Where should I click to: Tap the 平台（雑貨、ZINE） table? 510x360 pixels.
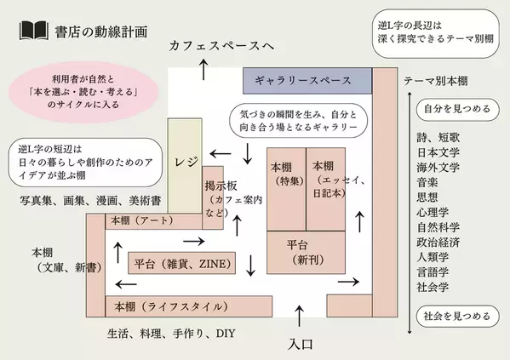pyautogui.click(x=182, y=264)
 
